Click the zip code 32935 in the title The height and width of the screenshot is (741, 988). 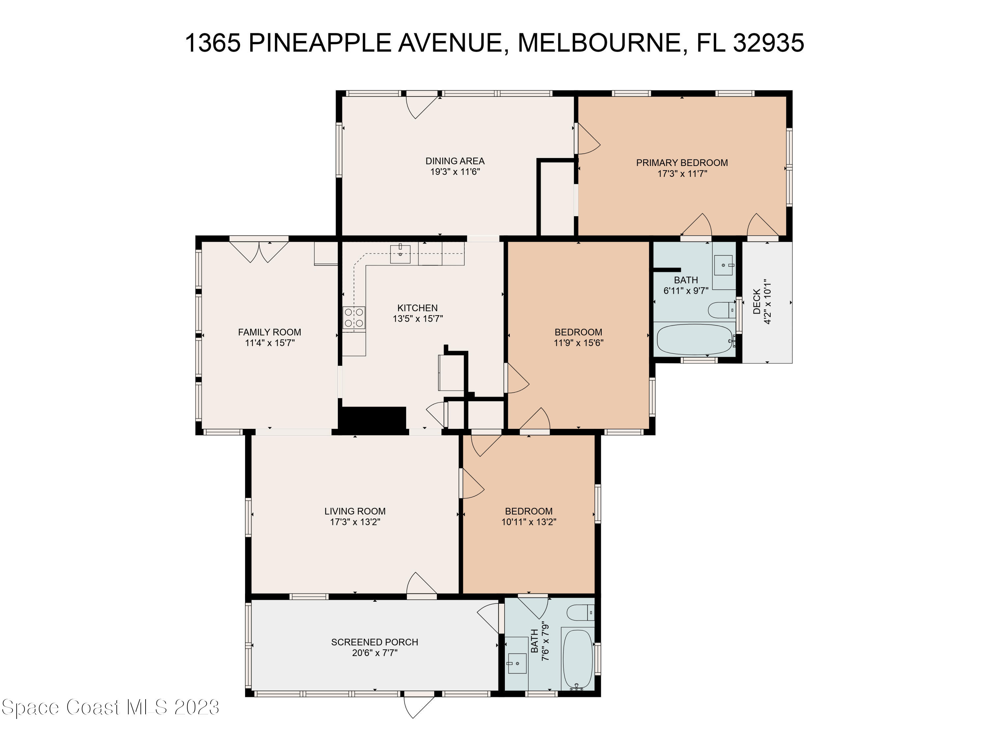pos(768,43)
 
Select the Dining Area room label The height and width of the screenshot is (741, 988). pos(455,161)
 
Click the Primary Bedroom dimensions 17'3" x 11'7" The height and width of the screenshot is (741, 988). pos(682,174)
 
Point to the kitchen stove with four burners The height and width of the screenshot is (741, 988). pos(354,318)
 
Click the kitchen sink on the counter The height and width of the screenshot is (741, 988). pos(400,254)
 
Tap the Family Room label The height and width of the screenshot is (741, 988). pos(269,332)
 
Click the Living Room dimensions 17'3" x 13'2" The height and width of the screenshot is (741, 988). pos(355,522)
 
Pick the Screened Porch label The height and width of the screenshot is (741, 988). pos(374,642)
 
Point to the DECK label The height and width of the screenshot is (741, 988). pos(756,302)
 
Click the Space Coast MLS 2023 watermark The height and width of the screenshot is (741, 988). pos(110,707)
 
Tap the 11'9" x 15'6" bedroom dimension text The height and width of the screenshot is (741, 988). pos(578,343)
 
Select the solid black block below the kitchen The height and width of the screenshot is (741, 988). pos(372,419)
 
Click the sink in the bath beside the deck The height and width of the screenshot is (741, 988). pos(723,265)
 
